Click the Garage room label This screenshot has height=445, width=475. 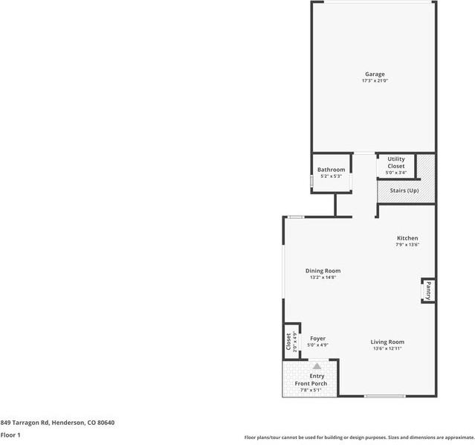pyautogui.click(x=374, y=74)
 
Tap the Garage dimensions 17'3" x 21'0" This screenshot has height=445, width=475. pyautogui.click(x=374, y=80)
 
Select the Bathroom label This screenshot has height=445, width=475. pyautogui.click(x=331, y=170)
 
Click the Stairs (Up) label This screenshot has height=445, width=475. pyautogui.click(x=404, y=191)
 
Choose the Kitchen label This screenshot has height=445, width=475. pyautogui.click(x=407, y=237)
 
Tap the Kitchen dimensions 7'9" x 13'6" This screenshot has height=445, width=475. pyautogui.click(x=407, y=244)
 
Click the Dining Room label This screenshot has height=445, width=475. pyautogui.click(x=323, y=270)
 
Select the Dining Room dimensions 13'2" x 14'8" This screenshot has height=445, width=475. pyautogui.click(x=323, y=277)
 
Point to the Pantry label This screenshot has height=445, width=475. pyautogui.click(x=428, y=290)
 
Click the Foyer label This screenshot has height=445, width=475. pyautogui.click(x=317, y=339)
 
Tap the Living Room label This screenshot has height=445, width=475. pyautogui.click(x=387, y=342)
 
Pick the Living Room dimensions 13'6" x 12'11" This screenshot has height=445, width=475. pyautogui.click(x=387, y=348)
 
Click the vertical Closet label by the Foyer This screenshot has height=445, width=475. pyautogui.click(x=288, y=342)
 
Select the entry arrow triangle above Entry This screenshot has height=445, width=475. pyautogui.click(x=317, y=366)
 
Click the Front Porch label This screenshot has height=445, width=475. pyautogui.click(x=316, y=383)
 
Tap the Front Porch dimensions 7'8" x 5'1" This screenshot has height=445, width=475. pyautogui.click(x=317, y=390)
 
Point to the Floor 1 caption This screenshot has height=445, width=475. pyautogui.click(x=10, y=435)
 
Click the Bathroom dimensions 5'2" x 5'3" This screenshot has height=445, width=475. pyautogui.click(x=331, y=176)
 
